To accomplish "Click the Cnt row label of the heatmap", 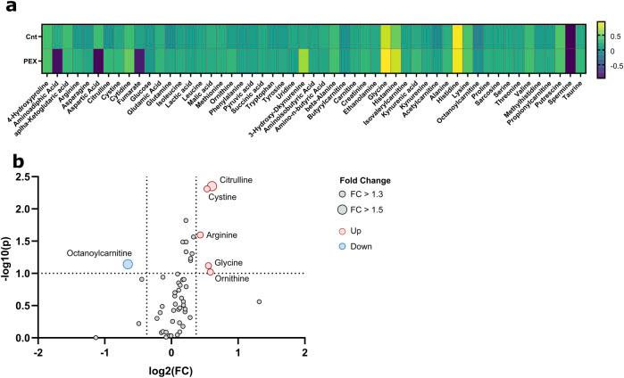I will point(29,37).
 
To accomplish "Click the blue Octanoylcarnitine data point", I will point(128,264).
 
